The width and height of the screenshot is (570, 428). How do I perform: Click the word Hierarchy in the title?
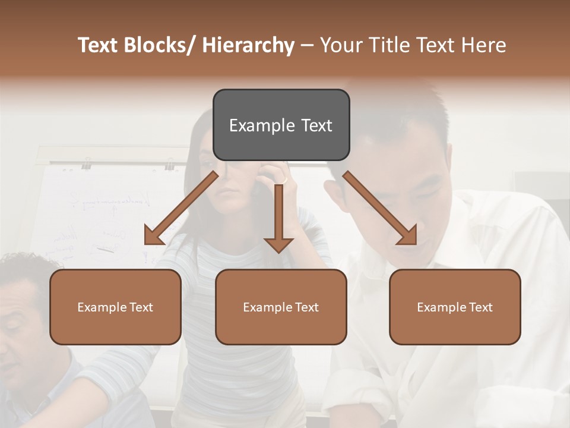pyautogui.click(x=248, y=45)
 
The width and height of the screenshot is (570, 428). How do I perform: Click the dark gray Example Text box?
pyautogui.click(x=281, y=125)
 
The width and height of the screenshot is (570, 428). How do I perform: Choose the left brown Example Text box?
pyautogui.click(x=115, y=307)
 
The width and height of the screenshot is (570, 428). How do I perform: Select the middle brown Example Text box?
pyautogui.click(x=281, y=307)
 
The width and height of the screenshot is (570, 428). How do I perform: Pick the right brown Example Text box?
pyautogui.click(x=455, y=307)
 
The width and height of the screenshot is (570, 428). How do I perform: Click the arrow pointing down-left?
pyautogui.click(x=180, y=208)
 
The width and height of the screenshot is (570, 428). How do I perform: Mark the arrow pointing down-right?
pyautogui.click(x=380, y=208)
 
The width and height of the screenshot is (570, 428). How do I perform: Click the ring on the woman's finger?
pyautogui.click(x=284, y=179)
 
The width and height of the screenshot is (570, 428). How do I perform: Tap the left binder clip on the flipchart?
pyautogui.click(x=87, y=162)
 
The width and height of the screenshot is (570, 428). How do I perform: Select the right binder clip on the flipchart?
pyautogui.click(x=170, y=163)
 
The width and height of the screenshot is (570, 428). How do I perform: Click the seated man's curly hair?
pyautogui.click(x=27, y=265)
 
